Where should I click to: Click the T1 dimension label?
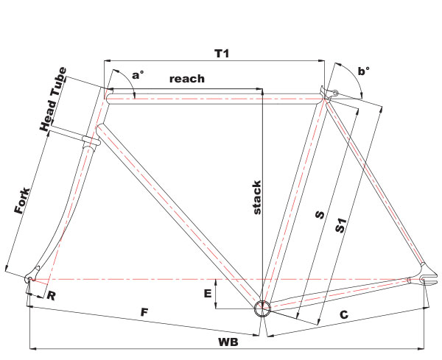pyautogui.click(x=222, y=53)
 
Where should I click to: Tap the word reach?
pyautogui.click(x=187, y=79)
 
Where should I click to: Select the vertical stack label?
pyautogui.click(x=257, y=197)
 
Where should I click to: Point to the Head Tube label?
pyautogui.click(x=54, y=99)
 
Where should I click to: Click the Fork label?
pyautogui.click(x=22, y=200)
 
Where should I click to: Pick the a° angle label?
pyautogui.click(x=138, y=75)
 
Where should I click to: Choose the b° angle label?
pyautogui.click(x=364, y=71)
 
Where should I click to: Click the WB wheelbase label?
pyautogui.click(x=228, y=342)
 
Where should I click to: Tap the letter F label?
pyautogui.click(x=144, y=312)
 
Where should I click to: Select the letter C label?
pyautogui.click(x=344, y=314)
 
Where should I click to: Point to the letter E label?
pyautogui.click(x=208, y=294)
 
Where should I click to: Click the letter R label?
pyautogui.click(x=51, y=296)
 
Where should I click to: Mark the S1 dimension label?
pyautogui.click(x=340, y=225)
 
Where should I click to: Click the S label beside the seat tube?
pyautogui.click(x=320, y=215)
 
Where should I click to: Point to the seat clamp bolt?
pyautogui.click(x=335, y=92)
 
